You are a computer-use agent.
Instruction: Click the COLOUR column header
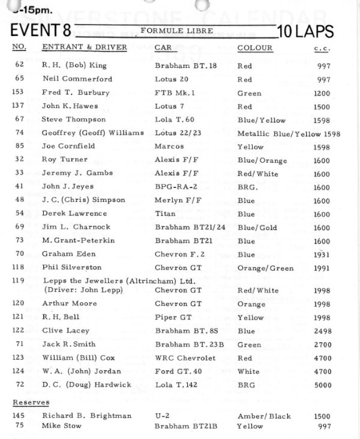pyautogui.click(x=254, y=47)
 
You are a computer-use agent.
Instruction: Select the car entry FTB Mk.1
pyautogui.click(x=173, y=93)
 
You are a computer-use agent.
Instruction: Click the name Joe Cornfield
pyautogui.click(x=65, y=147)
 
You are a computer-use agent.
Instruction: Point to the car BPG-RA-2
pyautogui.click(x=174, y=187)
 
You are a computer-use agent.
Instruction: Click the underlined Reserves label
pyautogui.click(x=31, y=402)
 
